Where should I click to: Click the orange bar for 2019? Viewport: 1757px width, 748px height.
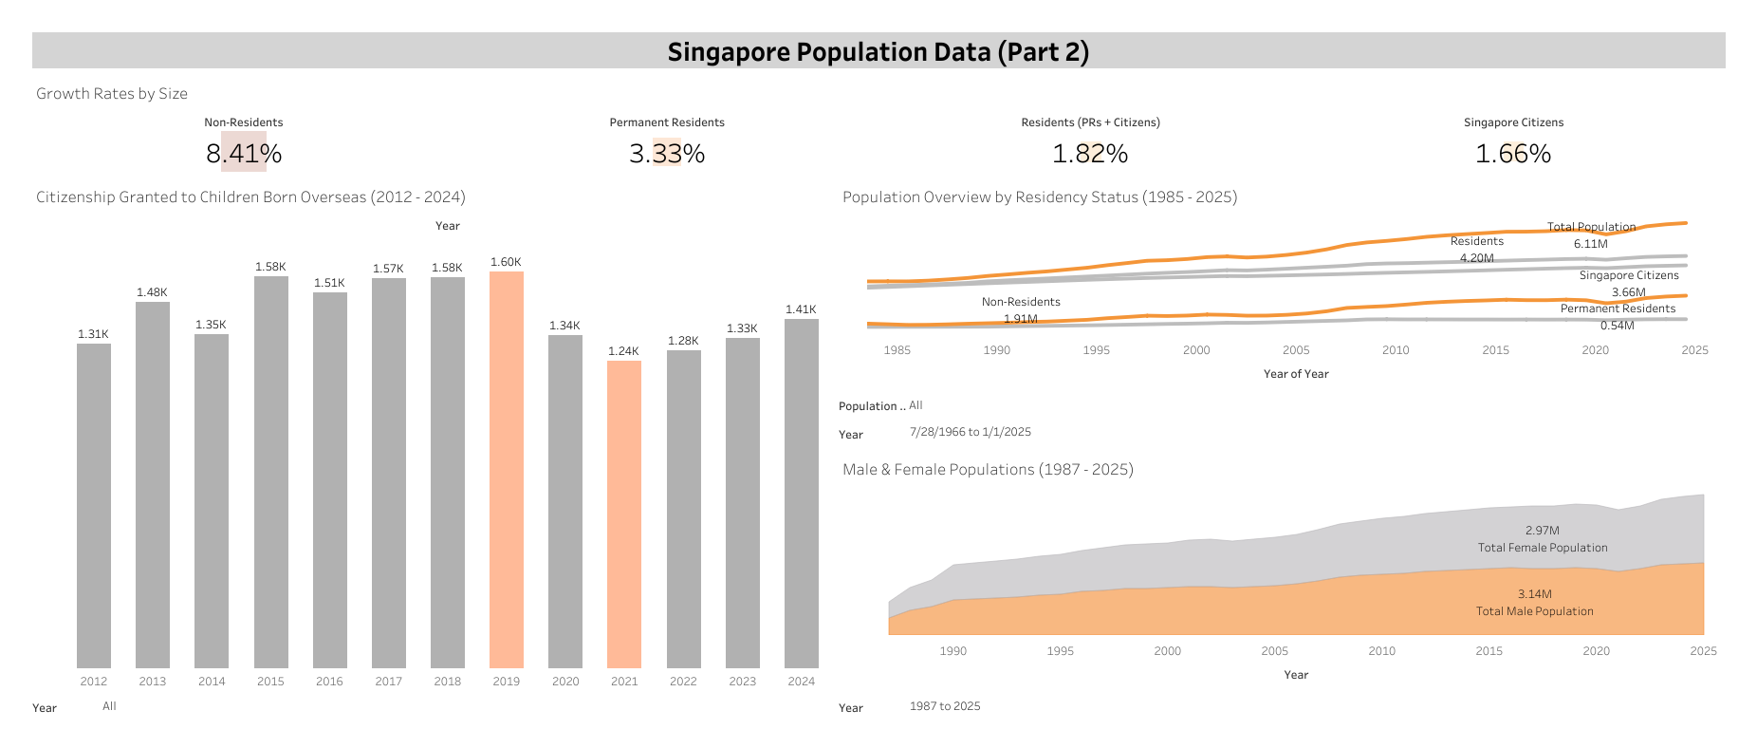[x=507, y=470]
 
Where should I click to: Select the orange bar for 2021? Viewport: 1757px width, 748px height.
[x=624, y=514]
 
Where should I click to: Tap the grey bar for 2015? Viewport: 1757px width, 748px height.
[x=271, y=472]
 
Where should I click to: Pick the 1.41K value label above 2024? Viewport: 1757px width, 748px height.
[x=801, y=309]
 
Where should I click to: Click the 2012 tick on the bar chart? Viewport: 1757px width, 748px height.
[x=94, y=682]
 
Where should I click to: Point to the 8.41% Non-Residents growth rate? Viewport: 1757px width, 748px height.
[x=244, y=154]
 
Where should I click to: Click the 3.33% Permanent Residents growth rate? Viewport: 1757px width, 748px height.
[x=667, y=154]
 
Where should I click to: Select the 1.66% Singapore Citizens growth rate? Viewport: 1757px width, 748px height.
[x=1513, y=154]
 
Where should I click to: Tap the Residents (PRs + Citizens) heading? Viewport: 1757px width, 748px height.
[x=1090, y=122]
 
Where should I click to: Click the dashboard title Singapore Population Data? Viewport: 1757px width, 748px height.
[x=878, y=51]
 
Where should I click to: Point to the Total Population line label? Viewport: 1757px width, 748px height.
[x=1591, y=227]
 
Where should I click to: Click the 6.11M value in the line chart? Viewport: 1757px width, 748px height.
[x=1590, y=244]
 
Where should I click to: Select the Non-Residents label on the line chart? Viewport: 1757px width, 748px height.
[x=1021, y=302]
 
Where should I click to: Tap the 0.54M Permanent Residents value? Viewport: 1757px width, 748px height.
[x=1617, y=326]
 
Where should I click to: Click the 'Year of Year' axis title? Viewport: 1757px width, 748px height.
[x=1295, y=374]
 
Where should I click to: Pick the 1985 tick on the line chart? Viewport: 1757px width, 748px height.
[x=897, y=350]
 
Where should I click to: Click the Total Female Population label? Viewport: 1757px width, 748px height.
[x=1542, y=548]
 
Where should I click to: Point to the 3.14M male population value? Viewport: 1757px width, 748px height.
[x=1534, y=594]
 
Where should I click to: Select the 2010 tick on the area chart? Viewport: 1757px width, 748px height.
[x=1381, y=651]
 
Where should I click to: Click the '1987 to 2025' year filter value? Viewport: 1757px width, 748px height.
[x=945, y=706]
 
